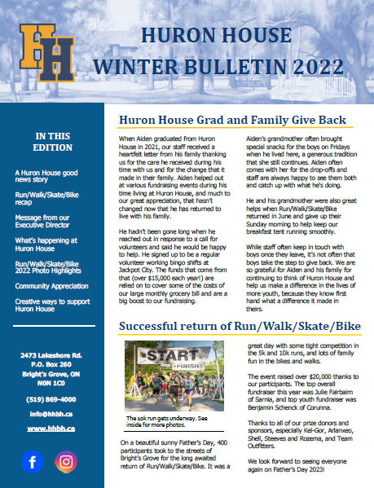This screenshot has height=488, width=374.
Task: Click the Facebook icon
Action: pos(33,462)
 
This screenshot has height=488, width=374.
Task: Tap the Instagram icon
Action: pos(66,462)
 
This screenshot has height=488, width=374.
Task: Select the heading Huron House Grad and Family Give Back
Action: pos(231,121)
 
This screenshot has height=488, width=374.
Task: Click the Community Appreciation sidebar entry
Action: pos(52,286)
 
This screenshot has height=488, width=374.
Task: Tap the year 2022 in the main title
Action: pos(299,63)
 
